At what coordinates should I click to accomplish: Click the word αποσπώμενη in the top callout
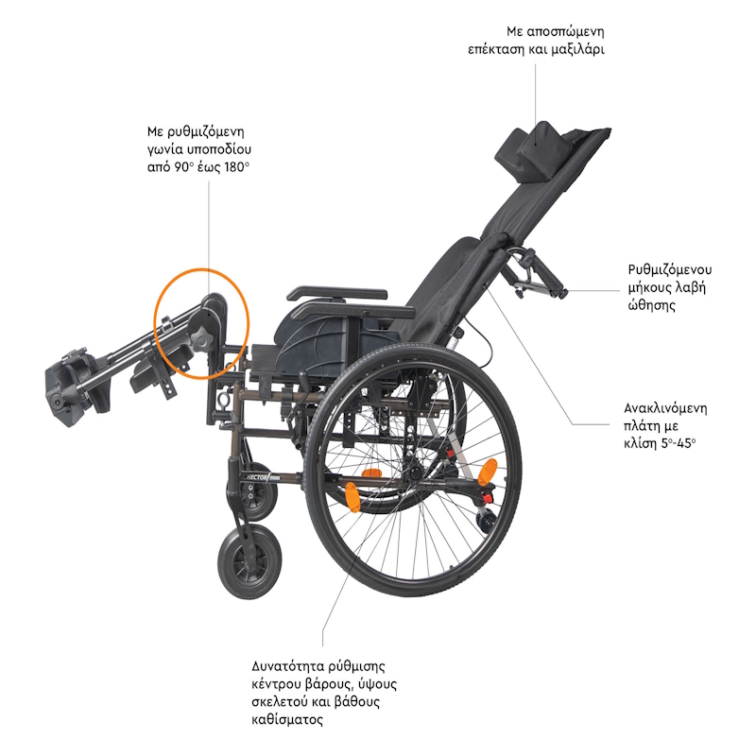click(x=565, y=32)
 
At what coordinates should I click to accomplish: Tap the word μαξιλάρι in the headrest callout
click(x=577, y=50)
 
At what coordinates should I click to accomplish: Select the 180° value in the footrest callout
click(x=236, y=167)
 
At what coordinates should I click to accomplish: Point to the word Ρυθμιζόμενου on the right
click(x=670, y=269)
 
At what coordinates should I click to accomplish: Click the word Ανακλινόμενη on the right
click(x=665, y=408)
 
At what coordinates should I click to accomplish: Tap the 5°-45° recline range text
click(x=679, y=443)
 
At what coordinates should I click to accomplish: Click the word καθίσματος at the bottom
click(x=287, y=720)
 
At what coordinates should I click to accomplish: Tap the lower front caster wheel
click(x=249, y=563)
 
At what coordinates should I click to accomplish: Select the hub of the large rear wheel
click(x=414, y=473)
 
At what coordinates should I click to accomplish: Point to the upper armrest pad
click(x=337, y=294)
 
